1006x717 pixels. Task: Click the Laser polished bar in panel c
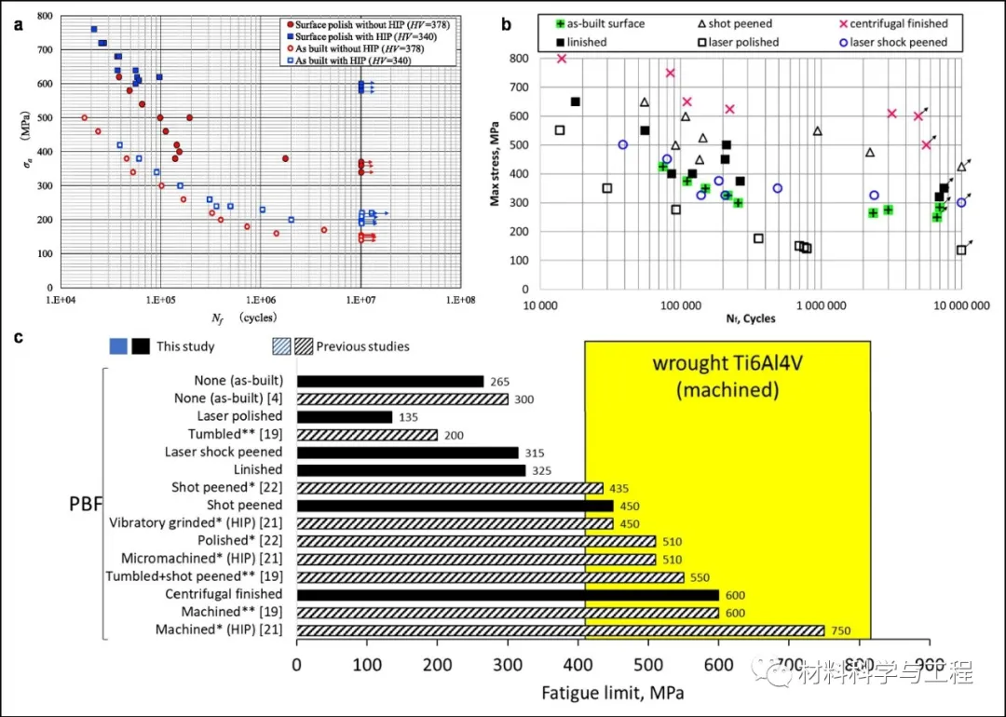tap(344, 416)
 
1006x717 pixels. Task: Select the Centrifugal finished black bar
tap(508, 594)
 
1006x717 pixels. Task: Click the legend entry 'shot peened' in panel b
tap(741, 23)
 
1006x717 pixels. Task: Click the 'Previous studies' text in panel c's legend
tap(362, 346)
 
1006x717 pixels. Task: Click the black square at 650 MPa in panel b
tap(575, 101)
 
